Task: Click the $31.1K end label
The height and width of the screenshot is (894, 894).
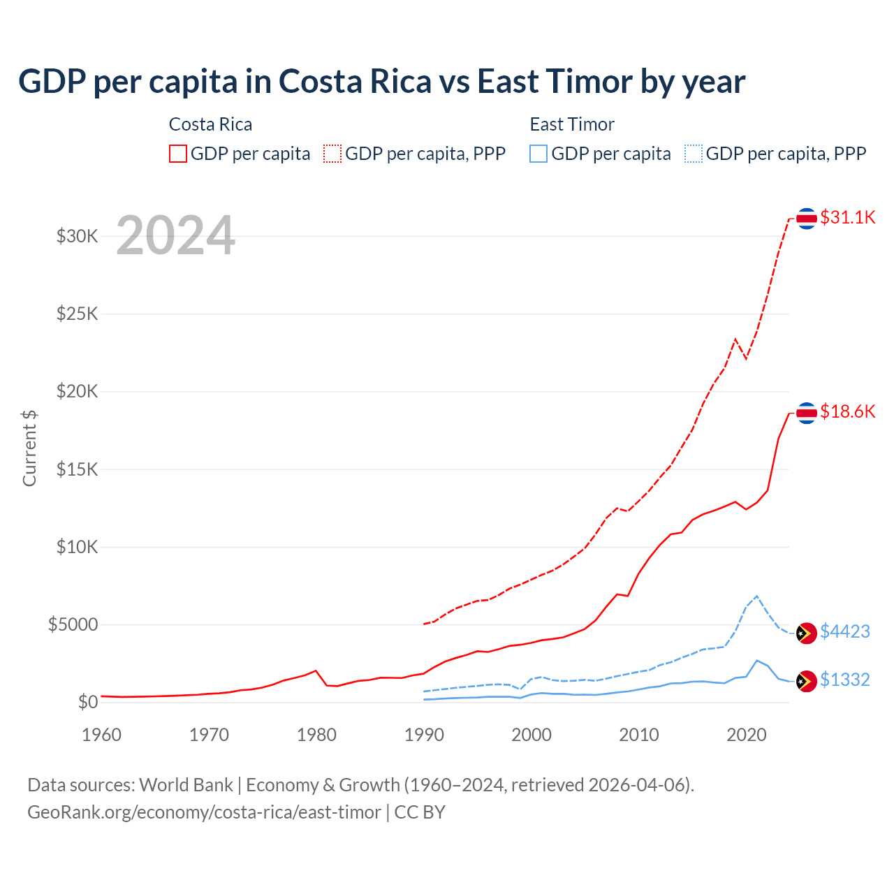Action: point(847,217)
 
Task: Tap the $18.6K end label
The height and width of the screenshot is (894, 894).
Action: point(847,411)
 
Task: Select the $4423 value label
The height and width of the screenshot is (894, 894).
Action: point(844,631)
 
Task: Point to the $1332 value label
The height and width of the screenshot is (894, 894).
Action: point(844,680)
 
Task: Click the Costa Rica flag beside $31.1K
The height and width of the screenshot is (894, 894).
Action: point(807,219)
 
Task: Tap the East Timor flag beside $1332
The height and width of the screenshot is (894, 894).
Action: point(807,681)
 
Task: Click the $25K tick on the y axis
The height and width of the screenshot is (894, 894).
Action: point(78,314)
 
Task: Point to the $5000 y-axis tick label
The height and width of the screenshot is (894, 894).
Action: point(73,624)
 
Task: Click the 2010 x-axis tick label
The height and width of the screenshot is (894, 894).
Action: point(639,735)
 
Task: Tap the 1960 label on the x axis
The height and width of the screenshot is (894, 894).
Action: point(102,735)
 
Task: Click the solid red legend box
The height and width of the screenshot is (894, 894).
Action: point(178,154)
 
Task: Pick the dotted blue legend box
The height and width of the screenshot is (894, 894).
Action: point(694,154)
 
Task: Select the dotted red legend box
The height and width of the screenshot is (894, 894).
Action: point(332,154)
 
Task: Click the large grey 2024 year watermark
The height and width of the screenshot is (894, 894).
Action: point(175,235)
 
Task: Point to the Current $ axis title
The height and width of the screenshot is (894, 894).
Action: point(29,448)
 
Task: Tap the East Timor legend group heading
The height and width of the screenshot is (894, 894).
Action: point(572,124)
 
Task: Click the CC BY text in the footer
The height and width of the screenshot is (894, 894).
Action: point(420,812)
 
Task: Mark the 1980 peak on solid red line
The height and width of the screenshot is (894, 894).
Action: point(316,670)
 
